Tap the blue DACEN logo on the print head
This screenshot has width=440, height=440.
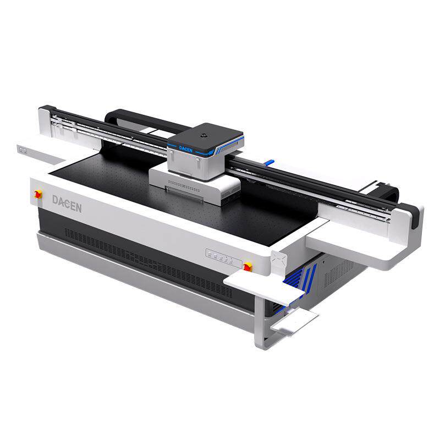click(x=186, y=149)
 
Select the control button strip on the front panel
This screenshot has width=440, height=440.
click(x=223, y=257)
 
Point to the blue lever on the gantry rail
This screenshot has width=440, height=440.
click(x=269, y=162)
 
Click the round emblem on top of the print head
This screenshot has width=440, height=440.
click(x=204, y=135)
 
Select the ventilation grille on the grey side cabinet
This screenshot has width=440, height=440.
click(x=338, y=272)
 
